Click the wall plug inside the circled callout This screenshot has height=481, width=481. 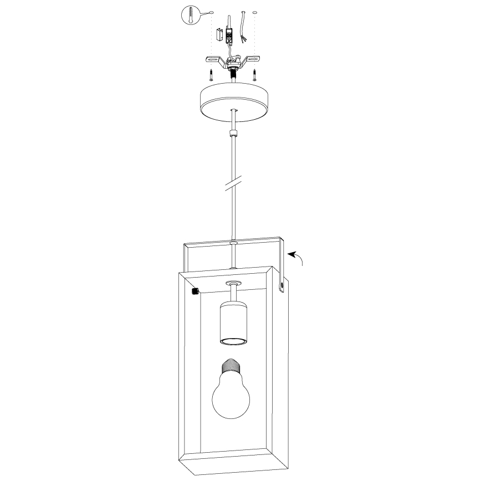tap(191, 14)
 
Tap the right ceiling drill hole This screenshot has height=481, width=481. tap(254, 12)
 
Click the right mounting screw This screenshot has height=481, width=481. tap(254, 74)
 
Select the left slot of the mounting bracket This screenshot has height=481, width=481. tap(213, 59)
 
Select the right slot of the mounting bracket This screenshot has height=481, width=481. tap(253, 59)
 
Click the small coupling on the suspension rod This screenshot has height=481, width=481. tap(233, 132)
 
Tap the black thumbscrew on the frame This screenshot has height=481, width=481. tap(195, 291)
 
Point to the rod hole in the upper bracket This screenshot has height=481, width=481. tap(233, 242)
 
